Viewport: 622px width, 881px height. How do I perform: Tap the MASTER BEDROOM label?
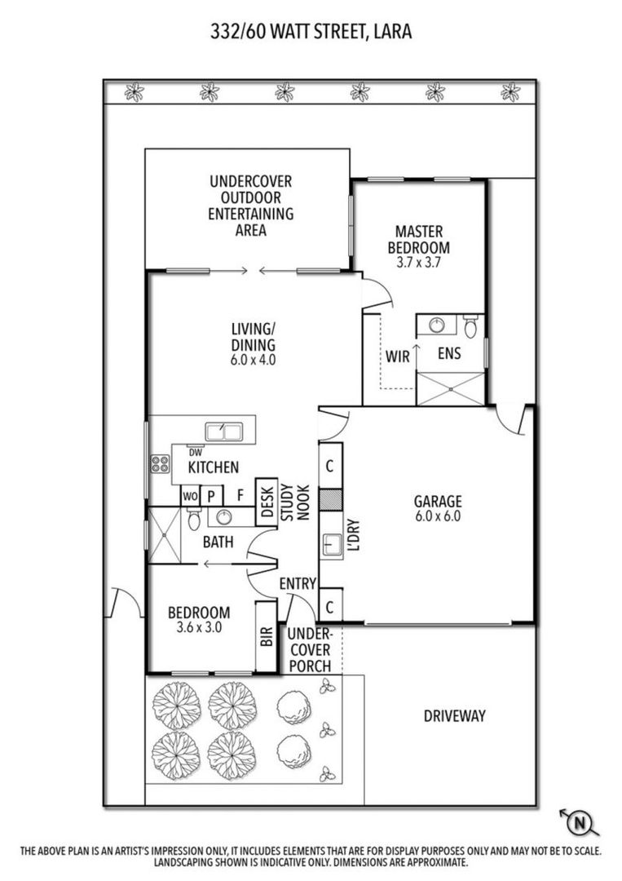418,239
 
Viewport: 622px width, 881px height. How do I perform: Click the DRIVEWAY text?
454,716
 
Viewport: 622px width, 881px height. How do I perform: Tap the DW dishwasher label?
195,453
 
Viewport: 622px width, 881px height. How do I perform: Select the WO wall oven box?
190,496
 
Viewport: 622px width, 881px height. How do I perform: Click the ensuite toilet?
470,328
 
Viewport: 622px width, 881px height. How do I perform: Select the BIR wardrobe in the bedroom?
266,636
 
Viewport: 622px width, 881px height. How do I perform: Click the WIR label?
398,356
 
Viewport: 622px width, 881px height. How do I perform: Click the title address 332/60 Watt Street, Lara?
310,33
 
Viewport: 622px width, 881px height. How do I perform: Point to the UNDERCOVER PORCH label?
310,649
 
